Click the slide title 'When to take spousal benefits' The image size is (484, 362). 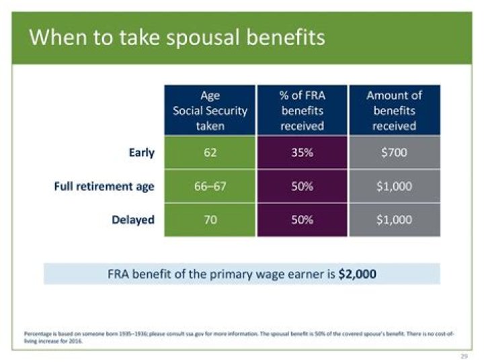tap(177, 37)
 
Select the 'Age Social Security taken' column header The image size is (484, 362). tap(210, 110)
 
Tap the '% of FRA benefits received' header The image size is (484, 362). tap(302, 110)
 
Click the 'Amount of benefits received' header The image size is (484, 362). tap(394, 110)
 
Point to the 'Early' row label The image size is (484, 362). tap(141, 152)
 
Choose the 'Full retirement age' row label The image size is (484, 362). tap(104, 186)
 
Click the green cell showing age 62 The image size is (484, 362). tap(210, 152)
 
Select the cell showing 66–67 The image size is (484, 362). tap(210, 186)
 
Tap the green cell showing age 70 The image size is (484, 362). tap(210, 220)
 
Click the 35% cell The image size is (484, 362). tap(302, 152)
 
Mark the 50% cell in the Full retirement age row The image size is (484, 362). tap(302, 186)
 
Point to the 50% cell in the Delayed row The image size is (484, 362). tap(302, 220)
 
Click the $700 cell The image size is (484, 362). tap(394, 152)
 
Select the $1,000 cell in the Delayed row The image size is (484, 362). tap(394, 220)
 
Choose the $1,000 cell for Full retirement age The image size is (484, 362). tap(394, 186)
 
